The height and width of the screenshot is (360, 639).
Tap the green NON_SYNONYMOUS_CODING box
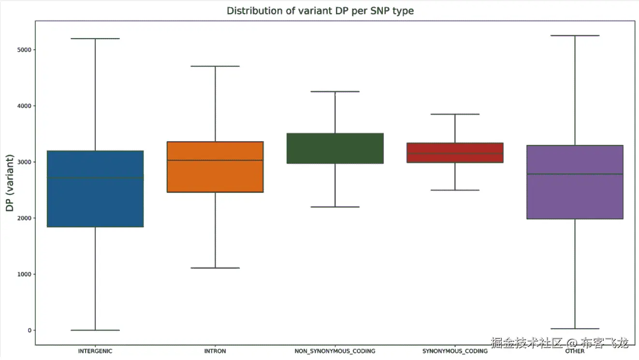pyautogui.click(x=335, y=148)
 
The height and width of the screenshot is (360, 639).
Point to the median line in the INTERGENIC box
pyautogui.click(x=95, y=178)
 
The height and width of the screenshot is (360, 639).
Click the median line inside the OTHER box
pyautogui.click(x=575, y=174)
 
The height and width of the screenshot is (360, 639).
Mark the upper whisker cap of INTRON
pyautogui.click(x=215, y=66)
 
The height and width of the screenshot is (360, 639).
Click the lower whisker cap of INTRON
pyautogui.click(x=215, y=268)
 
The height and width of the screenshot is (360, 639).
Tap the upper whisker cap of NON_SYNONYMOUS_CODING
pyautogui.click(x=335, y=91)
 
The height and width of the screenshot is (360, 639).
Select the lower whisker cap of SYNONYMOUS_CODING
pyautogui.click(x=455, y=190)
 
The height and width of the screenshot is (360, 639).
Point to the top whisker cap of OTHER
pyautogui.click(x=575, y=36)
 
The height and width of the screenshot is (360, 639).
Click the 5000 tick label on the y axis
pyautogui.click(x=24, y=50)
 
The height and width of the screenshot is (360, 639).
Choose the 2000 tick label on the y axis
pyautogui.click(x=24, y=218)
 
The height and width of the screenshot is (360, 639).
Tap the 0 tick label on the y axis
pyautogui.click(x=29, y=331)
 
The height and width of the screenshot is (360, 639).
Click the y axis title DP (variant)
pyautogui.click(x=10, y=183)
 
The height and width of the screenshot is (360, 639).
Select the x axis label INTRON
pyautogui.click(x=215, y=351)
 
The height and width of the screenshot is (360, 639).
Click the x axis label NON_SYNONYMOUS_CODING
pyautogui.click(x=335, y=351)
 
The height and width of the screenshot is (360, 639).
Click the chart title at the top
pyautogui.click(x=320, y=11)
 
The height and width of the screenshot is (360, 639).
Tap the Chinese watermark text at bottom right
pyautogui.click(x=559, y=344)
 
